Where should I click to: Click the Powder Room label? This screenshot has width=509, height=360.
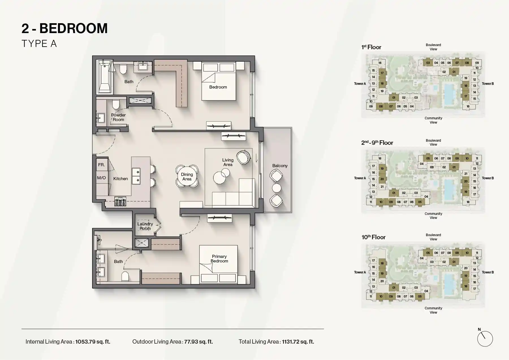tap(118, 117)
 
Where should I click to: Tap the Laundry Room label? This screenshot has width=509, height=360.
tap(145, 226)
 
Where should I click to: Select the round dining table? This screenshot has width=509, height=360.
tap(187, 176)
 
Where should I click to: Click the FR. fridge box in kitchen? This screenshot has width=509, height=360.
tap(101, 165)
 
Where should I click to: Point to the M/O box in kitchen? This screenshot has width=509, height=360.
tap(101, 178)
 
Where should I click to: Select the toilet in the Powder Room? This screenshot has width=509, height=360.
tap(116, 104)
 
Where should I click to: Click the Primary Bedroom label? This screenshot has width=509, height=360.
tap(219, 258)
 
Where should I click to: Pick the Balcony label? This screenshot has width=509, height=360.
tap(280, 166)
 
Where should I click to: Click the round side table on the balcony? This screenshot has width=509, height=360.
tap(276, 188)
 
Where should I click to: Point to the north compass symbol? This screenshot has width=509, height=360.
tap(485, 339)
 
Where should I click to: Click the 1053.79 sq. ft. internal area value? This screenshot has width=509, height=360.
tap(93, 342)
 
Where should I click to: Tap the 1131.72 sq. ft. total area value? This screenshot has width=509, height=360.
tap(298, 342)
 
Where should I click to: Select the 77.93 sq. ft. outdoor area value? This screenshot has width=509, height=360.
tap(198, 342)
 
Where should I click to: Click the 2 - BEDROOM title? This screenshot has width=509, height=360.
tap(64, 29)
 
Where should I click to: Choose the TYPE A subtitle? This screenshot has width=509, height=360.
tap(39, 44)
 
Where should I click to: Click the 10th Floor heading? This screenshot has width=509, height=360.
tap(373, 237)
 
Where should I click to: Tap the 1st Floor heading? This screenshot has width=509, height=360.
tap(371, 47)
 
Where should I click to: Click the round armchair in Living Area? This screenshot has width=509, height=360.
tap(243, 157)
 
